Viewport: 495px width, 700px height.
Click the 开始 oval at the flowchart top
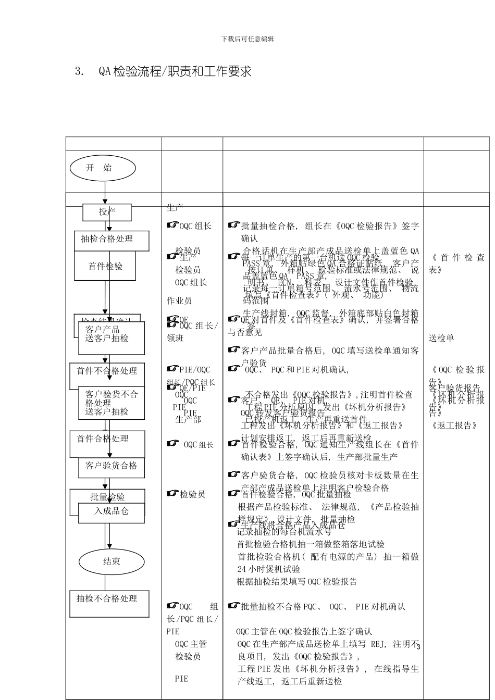click(103, 168)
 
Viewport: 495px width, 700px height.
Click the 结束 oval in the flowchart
click(112, 561)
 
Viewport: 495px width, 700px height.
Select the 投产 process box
click(107, 211)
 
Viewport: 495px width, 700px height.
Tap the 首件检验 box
click(105, 266)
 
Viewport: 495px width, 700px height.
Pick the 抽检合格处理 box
click(112, 239)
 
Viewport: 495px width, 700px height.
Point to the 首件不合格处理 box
click(107, 371)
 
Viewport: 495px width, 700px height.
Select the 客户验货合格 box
click(112, 466)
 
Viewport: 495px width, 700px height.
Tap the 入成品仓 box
click(112, 511)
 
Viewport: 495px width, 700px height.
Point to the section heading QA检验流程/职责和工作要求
click(175, 71)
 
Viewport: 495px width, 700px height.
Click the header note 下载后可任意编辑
click(247, 39)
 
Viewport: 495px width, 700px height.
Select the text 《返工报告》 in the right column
click(455, 426)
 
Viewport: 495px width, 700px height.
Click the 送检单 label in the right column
click(441, 338)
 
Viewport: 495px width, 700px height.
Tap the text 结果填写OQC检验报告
click(297, 582)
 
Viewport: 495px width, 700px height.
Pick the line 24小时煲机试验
click(269, 569)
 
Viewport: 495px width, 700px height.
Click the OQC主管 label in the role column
click(191, 644)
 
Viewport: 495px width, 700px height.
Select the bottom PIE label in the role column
click(182, 679)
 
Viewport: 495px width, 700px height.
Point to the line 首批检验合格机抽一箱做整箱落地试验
click(311, 544)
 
